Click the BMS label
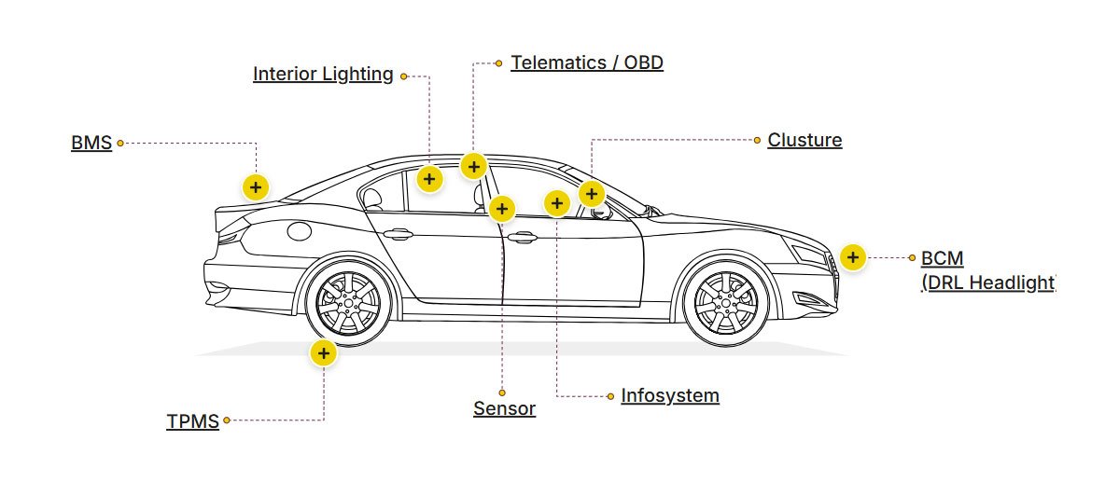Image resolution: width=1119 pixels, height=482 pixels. click(91, 143)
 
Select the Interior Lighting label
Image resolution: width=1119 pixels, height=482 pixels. click(323, 75)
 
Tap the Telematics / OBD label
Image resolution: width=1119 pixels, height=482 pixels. click(586, 63)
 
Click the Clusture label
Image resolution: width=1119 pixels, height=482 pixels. click(804, 141)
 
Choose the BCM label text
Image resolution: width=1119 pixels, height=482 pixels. click(942, 258)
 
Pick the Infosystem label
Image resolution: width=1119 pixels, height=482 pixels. click(670, 395)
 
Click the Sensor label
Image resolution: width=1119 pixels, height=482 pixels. click(504, 408)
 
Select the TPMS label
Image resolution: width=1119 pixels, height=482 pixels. click(192, 421)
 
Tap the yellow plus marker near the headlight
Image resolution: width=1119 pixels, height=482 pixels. click(852, 257)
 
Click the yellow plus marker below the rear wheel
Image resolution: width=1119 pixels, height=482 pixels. click(323, 353)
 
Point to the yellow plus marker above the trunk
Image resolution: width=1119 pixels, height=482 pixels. click(256, 186)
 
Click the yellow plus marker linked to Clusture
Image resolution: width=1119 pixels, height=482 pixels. click(592, 194)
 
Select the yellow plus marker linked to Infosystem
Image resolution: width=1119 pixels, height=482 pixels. click(556, 202)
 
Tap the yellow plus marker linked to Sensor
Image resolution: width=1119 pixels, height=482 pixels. click(502, 209)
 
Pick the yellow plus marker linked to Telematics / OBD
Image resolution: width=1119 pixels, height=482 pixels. click(474, 167)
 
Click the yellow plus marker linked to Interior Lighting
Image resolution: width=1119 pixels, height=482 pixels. click(428, 179)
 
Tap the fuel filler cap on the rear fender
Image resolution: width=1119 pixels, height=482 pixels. click(299, 229)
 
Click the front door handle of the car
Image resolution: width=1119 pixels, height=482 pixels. click(522, 238)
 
